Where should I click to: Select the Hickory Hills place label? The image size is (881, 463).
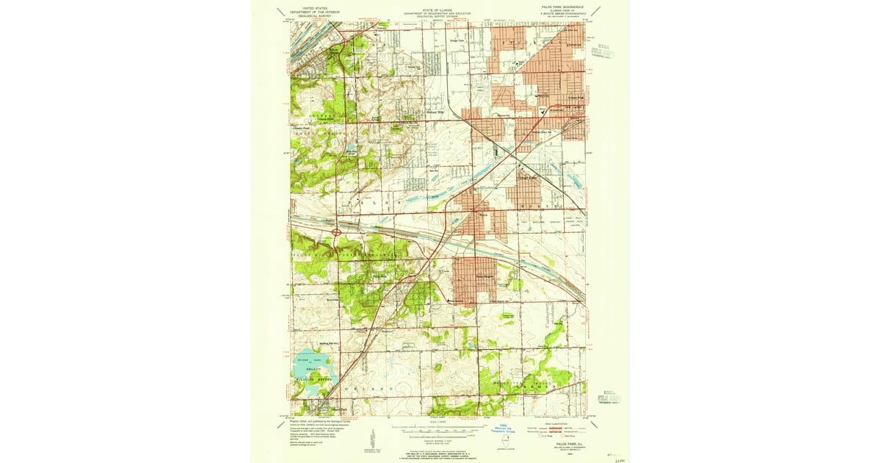435,112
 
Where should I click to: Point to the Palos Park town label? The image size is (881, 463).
379,276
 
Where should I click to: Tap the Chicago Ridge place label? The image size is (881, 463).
528,176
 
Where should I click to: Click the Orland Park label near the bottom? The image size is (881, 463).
338,409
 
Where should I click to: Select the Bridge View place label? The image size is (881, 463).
457,40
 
